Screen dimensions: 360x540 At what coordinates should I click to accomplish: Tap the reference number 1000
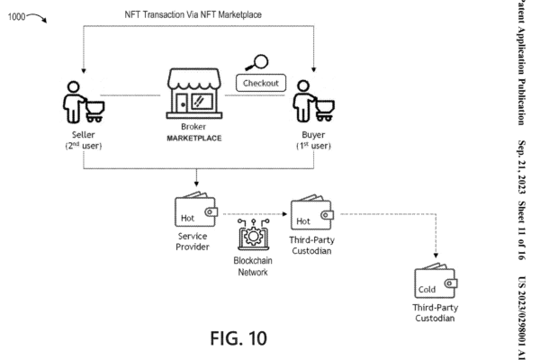point(20,17)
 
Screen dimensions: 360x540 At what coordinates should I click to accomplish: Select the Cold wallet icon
point(435,285)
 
